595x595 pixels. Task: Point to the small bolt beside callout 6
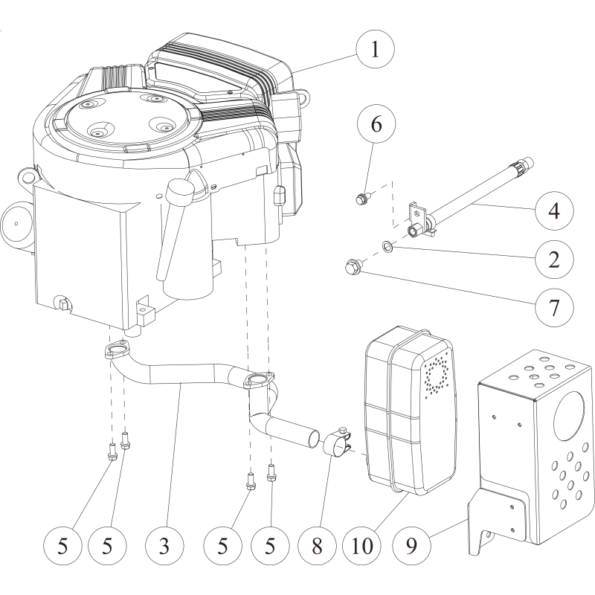361,199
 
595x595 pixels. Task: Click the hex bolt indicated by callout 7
352,266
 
